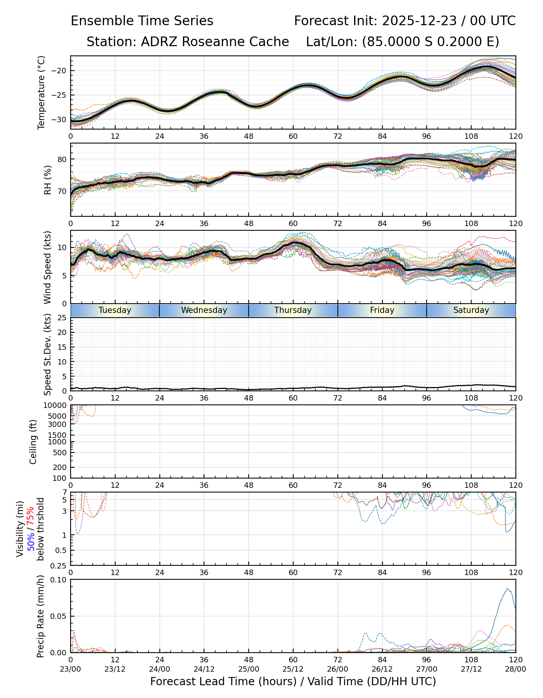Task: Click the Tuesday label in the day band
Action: [x=115, y=310]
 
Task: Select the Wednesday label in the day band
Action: [x=204, y=310]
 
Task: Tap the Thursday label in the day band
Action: [x=293, y=310]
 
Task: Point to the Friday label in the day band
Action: [x=382, y=310]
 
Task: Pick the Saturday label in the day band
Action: [x=471, y=310]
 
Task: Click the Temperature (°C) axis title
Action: [x=42, y=92]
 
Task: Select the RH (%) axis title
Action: [x=48, y=180]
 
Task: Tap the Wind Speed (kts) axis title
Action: [x=48, y=267]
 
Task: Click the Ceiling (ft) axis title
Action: [x=34, y=442]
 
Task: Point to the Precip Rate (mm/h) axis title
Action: [x=41, y=616]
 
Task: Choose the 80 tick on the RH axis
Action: [x=62, y=159]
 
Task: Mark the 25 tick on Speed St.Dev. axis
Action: [x=62, y=318]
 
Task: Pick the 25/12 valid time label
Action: [x=293, y=669]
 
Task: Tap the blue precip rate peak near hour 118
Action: [x=508, y=589]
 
